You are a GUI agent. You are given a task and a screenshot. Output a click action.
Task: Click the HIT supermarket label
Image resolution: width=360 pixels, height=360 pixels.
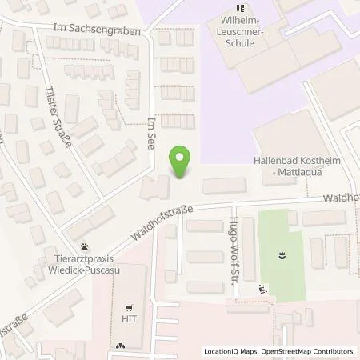[x=127, y=319]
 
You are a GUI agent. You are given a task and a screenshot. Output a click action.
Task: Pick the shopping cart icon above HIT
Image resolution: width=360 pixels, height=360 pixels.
[x=127, y=307]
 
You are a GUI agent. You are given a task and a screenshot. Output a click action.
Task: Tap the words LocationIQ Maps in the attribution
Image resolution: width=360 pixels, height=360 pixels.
[x=230, y=351]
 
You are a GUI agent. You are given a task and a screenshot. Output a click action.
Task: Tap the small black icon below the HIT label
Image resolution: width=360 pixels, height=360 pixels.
[x=119, y=346]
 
